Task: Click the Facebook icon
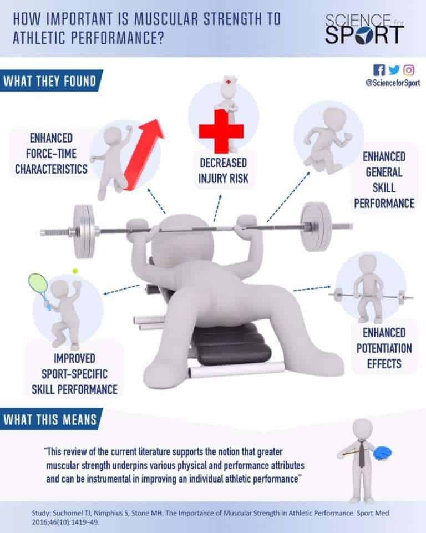click(x=379, y=70)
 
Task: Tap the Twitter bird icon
click(x=394, y=70)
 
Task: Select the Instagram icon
click(x=409, y=70)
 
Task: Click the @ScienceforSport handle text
click(x=392, y=83)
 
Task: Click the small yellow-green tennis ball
click(x=75, y=271)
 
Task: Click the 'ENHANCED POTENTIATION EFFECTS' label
click(x=384, y=349)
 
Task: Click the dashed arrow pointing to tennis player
click(x=123, y=290)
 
